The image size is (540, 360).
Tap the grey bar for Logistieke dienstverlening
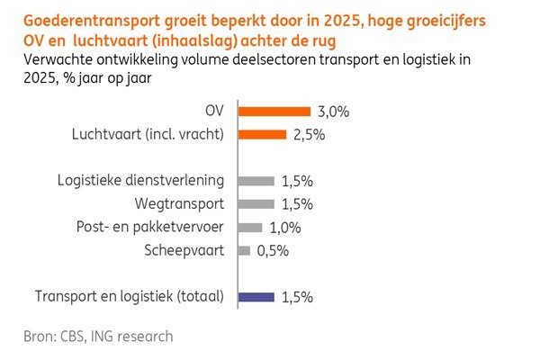pyautogui.click(x=255, y=180)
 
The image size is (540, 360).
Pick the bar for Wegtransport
pyautogui.click(x=255, y=203)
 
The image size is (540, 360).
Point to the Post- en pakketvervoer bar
pyautogui.click(x=249, y=228)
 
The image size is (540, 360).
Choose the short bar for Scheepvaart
pyautogui.click(x=243, y=251)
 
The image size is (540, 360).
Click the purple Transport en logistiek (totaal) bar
pyautogui.click(x=255, y=295)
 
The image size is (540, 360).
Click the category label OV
pyautogui.click(x=216, y=112)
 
